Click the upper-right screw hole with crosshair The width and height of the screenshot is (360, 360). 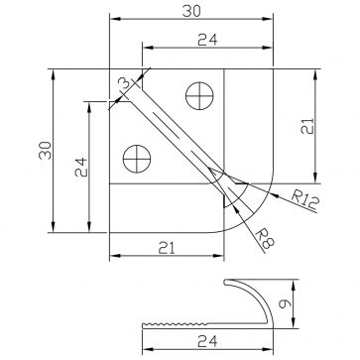(199, 96)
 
